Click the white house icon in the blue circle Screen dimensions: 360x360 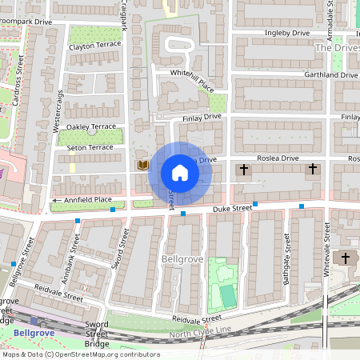coord(180,172)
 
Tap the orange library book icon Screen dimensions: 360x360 coord(143,166)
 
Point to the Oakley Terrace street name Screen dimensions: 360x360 coord(91,126)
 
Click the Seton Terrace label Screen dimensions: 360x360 coord(90,147)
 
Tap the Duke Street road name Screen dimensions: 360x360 coord(232,208)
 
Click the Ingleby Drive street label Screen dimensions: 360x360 coord(286,33)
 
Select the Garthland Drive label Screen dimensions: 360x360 coord(330,74)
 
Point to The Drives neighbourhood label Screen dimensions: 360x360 coord(337,48)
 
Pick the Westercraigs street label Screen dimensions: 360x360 coord(57,112)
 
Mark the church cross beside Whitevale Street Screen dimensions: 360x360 coord(346,258)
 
